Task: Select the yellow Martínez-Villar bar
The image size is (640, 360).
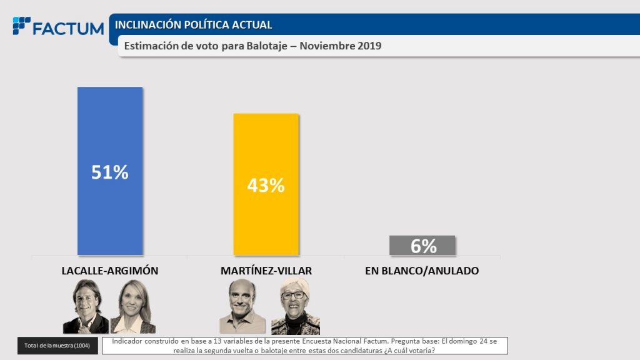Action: click(x=266, y=150)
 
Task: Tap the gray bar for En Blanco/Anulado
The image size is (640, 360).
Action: click(x=422, y=246)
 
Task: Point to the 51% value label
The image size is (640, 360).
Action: click(x=110, y=172)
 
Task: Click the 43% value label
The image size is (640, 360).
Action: click(x=266, y=185)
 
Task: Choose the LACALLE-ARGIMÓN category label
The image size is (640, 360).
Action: click(x=110, y=271)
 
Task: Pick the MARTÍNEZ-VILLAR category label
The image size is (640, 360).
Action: click(x=266, y=271)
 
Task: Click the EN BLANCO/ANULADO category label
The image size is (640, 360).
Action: click(x=422, y=271)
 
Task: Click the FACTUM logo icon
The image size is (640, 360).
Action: click(x=21, y=26)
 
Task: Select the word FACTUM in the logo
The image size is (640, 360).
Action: click(x=68, y=29)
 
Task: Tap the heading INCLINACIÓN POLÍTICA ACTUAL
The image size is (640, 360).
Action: click(x=194, y=25)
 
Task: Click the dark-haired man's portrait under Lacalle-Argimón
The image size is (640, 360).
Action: click(x=86, y=306)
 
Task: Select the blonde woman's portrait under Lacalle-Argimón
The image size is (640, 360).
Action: click(x=132, y=306)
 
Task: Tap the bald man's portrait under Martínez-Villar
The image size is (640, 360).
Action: click(x=242, y=306)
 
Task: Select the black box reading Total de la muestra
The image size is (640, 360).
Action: click(x=57, y=346)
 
